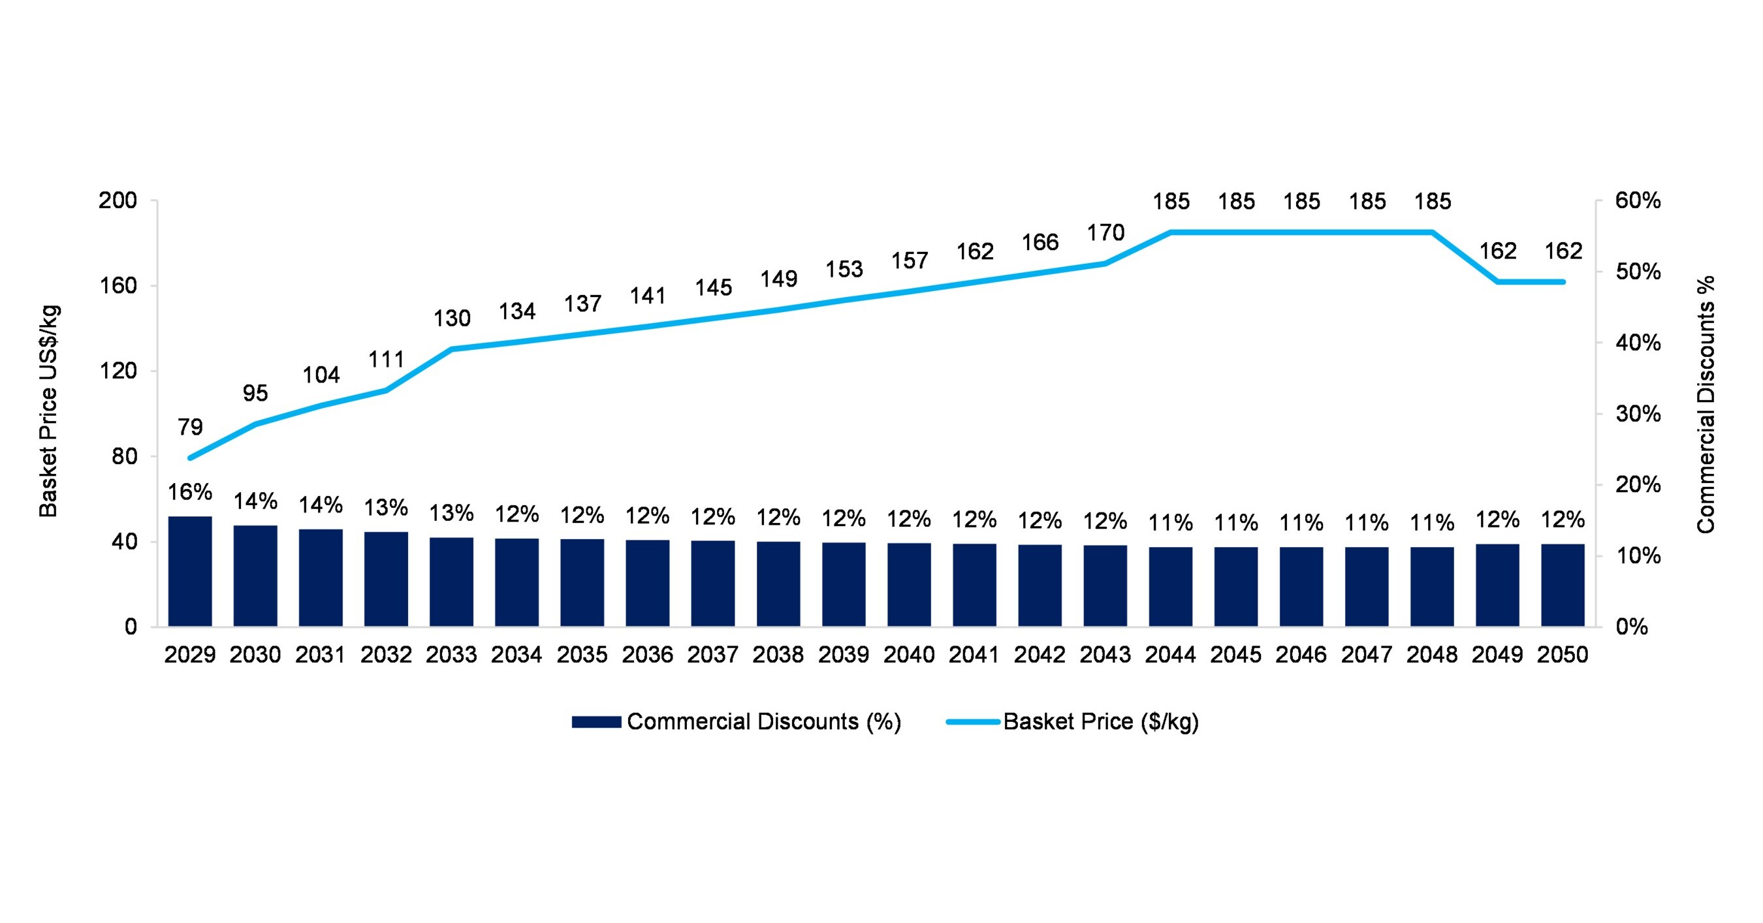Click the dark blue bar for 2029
pyautogui.click(x=189, y=571)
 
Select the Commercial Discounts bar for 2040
pyautogui.click(x=909, y=585)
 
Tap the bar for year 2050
pyautogui.click(x=1563, y=585)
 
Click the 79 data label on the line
pyautogui.click(x=190, y=427)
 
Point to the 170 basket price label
pyautogui.click(x=1105, y=232)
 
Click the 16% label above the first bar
pyautogui.click(x=189, y=492)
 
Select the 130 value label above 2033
pyautogui.click(x=452, y=318)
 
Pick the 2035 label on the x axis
pyautogui.click(x=582, y=655)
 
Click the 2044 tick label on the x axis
pyautogui.click(x=1170, y=655)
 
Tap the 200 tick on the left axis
pyautogui.click(x=118, y=200)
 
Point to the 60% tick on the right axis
pyautogui.click(x=1638, y=200)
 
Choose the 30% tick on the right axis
pyautogui.click(x=1638, y=414)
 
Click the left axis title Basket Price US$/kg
pyautogui.click(x=48, y=411)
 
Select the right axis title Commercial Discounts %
pyautogui.click(x=1706, y=404)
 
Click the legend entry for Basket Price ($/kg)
pyautogui.click(x=1100, y=722)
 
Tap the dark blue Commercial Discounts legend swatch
pyautogui.click(x=596, y=722)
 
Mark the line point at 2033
pyautogui.click(x=452, y=349)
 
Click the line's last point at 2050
pyautogui.click(x=1563, y=282)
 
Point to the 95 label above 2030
pyautogui.click(x=255, y=394)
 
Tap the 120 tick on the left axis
pyautogui.click(x=118, y=371)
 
